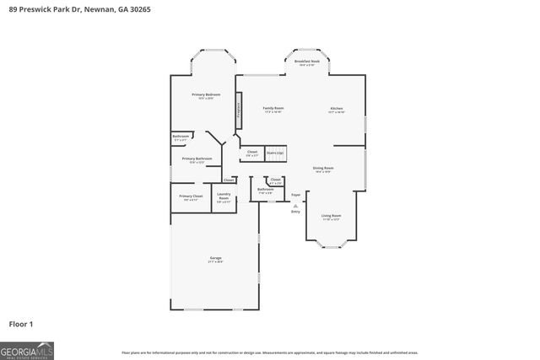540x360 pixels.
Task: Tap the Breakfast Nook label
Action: coord(307,62)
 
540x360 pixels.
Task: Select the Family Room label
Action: coord(273,110)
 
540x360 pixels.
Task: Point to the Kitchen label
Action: coord(337,110)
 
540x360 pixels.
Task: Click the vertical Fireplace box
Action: coord(239,110)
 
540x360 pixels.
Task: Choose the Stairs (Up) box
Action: coord(275,153)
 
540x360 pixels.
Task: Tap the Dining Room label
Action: coord(323,169)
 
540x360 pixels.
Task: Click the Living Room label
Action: coord(331,217)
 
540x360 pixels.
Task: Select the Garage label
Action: coord(216,259)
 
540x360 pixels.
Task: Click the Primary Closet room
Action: coord(191,197)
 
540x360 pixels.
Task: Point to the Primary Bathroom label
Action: coord(197,160)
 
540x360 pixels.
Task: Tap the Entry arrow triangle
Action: coord(295,204)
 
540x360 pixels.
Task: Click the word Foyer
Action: coord(295,195)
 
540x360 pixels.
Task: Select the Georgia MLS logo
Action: coord(27,348)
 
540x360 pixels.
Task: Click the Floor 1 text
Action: coord(21,323)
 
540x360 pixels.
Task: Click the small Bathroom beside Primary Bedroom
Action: coord(181,137)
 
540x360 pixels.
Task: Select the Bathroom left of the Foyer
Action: coord(265,191)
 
